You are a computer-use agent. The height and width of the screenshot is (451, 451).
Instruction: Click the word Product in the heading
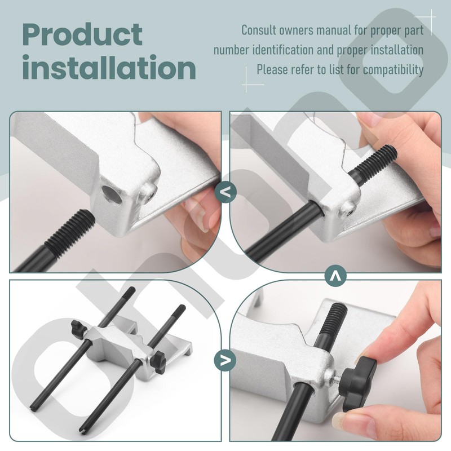coord(82,35)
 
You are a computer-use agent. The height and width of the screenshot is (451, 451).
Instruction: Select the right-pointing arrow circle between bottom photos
coord(225,359)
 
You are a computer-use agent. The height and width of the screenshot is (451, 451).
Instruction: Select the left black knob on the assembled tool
coord(76,329)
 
